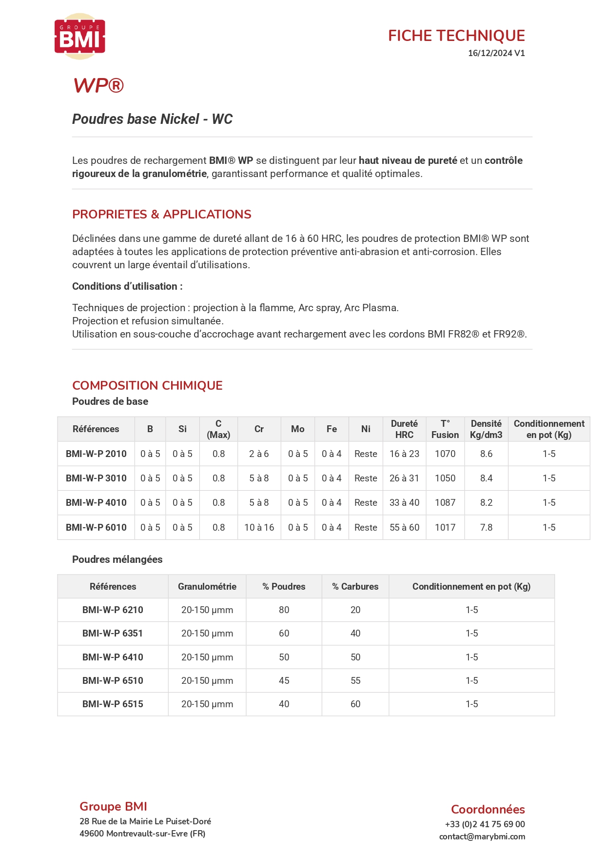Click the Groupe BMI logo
pyautogui.click(x=79, y=37)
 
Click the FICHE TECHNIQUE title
pyautogui.click(x=456, y=36)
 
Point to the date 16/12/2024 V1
pyautogui.click(x=496, y=53)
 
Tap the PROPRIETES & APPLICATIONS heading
pyautogui.click(x=161, y=214)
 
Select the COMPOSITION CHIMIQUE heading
pyautogui.click(x=147, y=385)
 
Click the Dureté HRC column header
pyautogui.click(x=404, y=429)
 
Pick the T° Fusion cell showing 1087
pyautogui.click(x=445, y=502)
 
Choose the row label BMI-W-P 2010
pyautogui.click(x=96, y=454)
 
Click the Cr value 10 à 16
pyautogui.click(x=259, y=527)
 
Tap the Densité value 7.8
pyautogui.click(x=486, y=527)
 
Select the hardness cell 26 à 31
pyautogui.click(x=404, y=478)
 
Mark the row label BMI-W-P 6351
pyautogui.click(x=113, y=633)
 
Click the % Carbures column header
pyautogui.click(x=355, y=586)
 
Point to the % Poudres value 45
pyautogui.click(x=284, y=680)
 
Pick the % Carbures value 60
pyautogui.click(x=355, y=704)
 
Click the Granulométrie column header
pyautogui.click(x=207, y=586)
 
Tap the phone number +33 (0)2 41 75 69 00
pyautogui.click(x=485, y=824)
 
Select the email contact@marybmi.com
pyautogui.click(x=482, y=836)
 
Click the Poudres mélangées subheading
pyautogui.click(x=117, y=559)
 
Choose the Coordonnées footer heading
pyautogui.click(x=488, y=809)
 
